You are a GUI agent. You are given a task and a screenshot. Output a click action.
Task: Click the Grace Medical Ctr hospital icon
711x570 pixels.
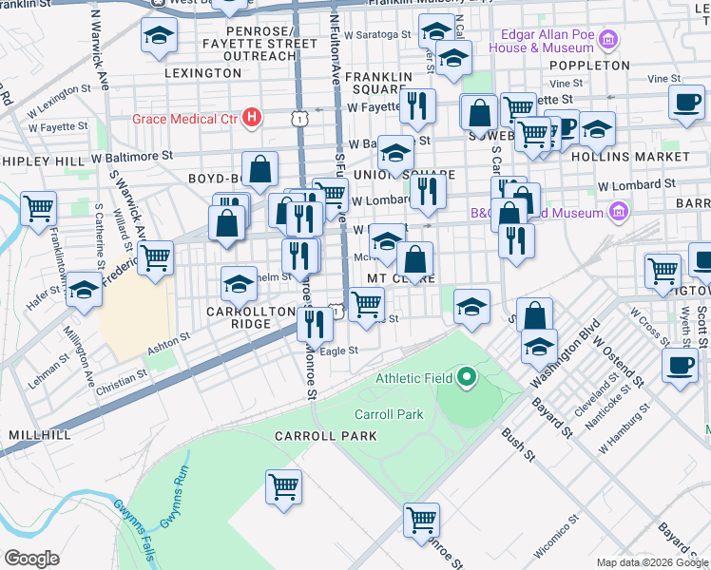[252, 118]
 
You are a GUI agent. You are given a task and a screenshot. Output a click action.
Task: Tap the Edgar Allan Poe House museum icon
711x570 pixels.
[608, 41]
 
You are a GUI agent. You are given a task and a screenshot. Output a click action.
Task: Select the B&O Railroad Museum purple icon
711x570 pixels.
[619, 211]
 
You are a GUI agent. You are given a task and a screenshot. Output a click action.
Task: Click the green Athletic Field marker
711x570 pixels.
[466, 378]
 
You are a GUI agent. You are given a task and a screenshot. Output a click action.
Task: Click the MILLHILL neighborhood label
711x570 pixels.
[39, 434]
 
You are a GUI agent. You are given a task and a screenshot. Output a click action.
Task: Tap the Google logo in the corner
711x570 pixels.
[31, 559]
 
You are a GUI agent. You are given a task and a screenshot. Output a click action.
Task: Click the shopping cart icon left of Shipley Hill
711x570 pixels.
[38, 207]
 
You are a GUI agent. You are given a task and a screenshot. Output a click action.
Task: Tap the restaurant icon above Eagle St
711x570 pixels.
[314, 323]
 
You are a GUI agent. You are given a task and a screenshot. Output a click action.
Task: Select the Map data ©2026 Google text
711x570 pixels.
[652, 562]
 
